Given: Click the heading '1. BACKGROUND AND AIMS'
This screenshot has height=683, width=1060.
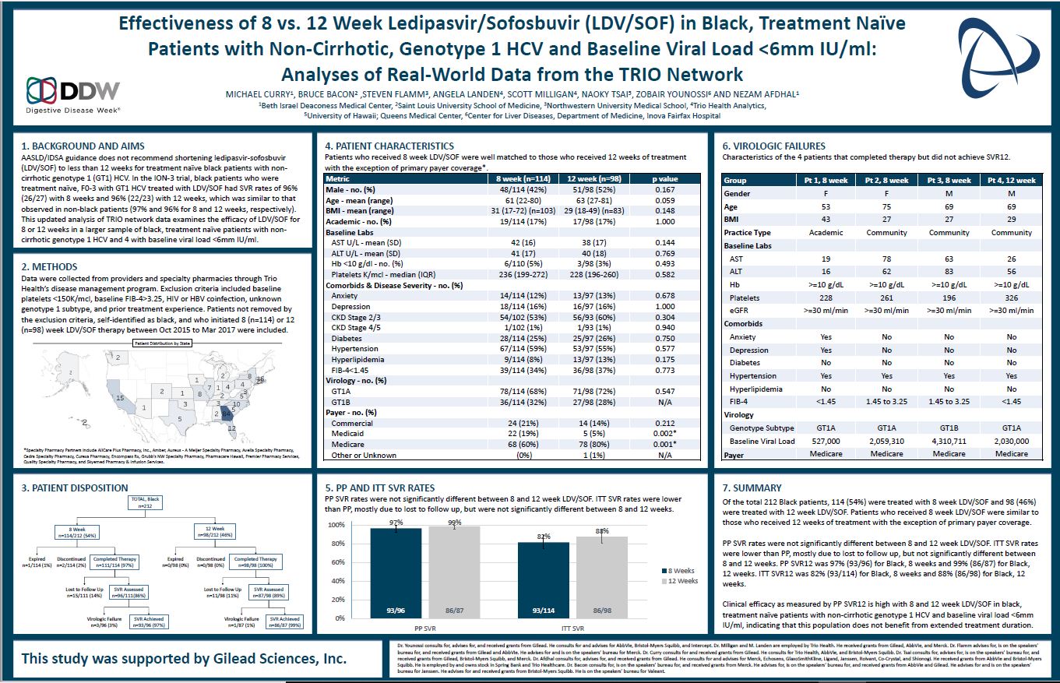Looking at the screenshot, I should pyautogui.click(x=83, y=146).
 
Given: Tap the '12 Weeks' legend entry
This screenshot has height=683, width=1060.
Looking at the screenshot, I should pyautogui.click(x=681, y=581).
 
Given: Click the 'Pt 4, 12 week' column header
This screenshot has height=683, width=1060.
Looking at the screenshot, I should pyautogui.click(x=1011, y=180).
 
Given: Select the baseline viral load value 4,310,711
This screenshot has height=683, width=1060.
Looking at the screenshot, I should pyautogui.click(x=949, y=441).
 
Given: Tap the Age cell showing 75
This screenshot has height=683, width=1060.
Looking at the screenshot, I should pyautogui.click(x=886, y=206).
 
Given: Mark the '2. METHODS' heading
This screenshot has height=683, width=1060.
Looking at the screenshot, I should pyautogui.click(x=51, y=266).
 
